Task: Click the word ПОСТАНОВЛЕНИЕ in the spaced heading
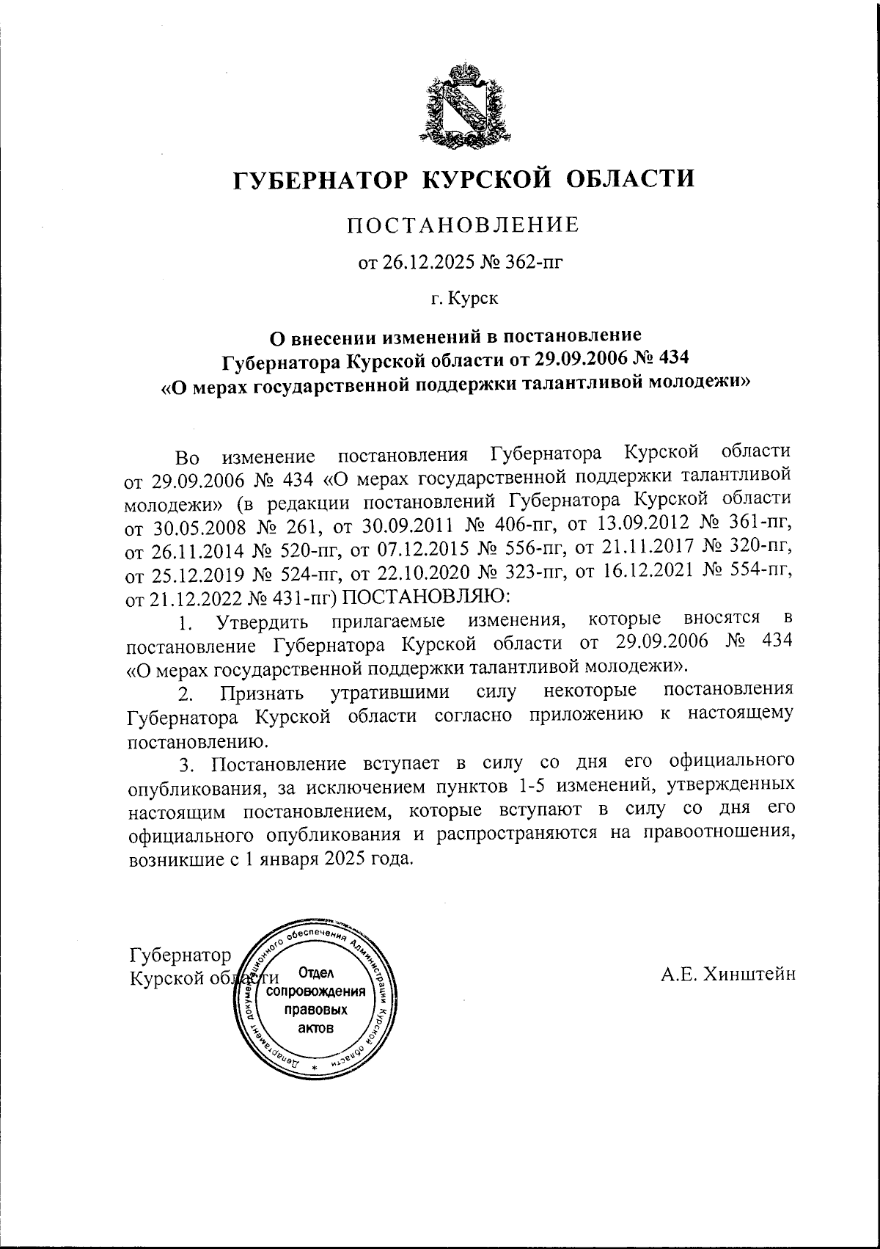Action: tap(463, 225)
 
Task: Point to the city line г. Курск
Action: tap(463, 299)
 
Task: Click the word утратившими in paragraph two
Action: tap(385, 693)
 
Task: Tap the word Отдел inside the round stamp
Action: tap(316, 974)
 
